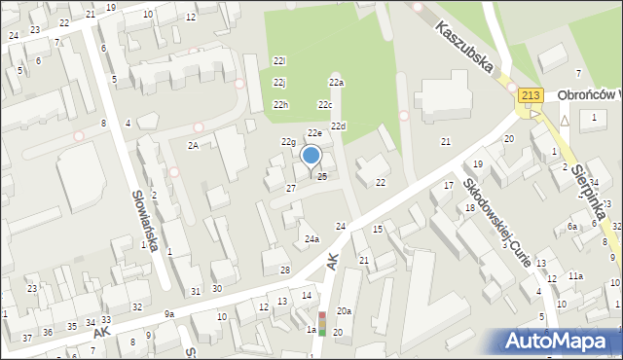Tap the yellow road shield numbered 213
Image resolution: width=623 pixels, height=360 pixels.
coord(531,94)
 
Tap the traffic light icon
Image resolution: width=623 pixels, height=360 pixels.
coord(322,323)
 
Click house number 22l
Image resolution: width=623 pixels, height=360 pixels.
coord(279,61)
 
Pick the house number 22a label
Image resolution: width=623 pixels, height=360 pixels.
coord(336,83)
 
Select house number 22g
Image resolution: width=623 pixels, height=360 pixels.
coord(288,142)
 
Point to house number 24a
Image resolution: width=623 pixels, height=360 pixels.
coord(311,238)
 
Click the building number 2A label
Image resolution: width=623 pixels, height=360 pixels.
coord(194,145)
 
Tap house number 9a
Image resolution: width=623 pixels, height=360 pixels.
coord(168,313)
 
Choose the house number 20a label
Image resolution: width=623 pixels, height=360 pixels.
coord(344,310)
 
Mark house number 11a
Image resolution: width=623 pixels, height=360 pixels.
coord(576,276)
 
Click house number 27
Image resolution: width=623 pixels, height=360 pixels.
coord(290,187)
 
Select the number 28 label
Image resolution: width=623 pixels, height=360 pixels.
coord(285,270)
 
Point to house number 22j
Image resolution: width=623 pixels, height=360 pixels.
coord(279,83)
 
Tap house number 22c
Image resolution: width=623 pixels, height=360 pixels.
coord(324,105)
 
